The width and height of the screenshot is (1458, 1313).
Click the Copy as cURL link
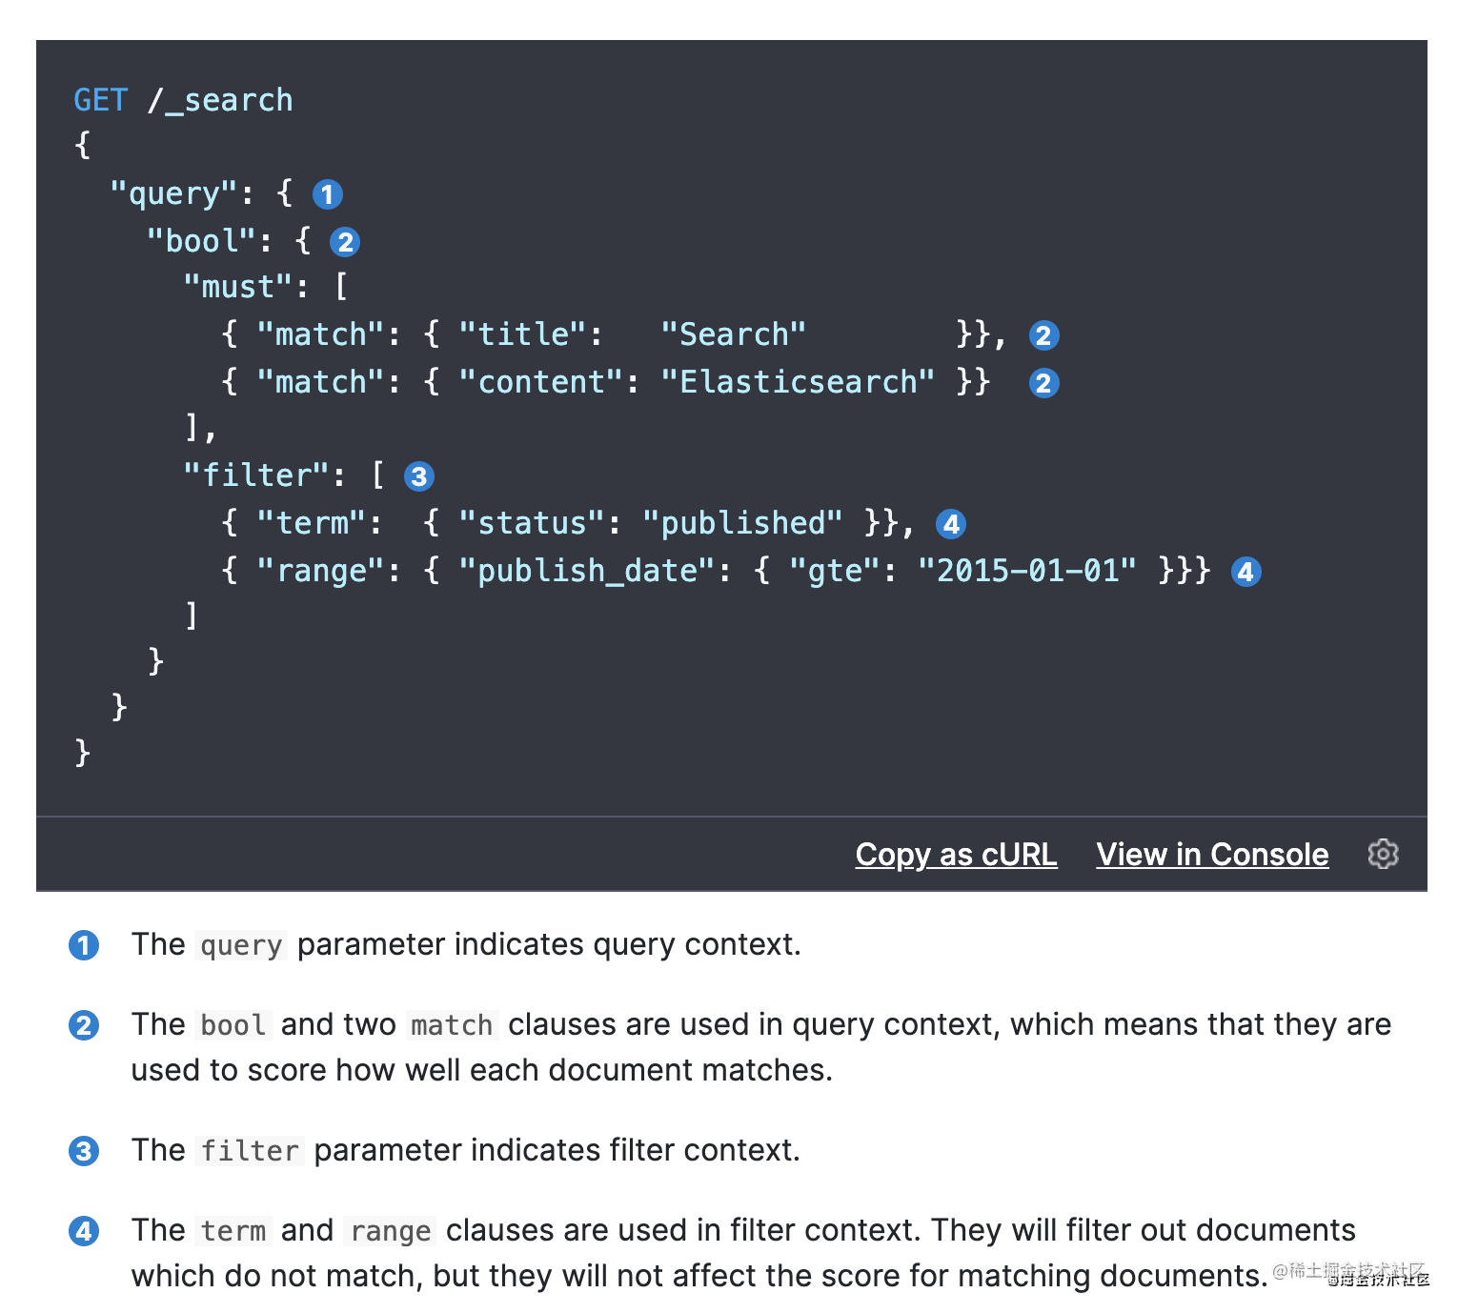click(x=956, y=855)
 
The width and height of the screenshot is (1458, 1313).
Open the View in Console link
click(x=1212, y=855)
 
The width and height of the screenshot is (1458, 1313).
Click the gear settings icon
click(x=1383, y=854)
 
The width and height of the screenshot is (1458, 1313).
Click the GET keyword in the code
click(x=100, y=100)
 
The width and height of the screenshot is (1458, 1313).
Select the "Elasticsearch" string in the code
click(x=798, y=382)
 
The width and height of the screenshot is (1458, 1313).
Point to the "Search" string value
click(x=733, y=334)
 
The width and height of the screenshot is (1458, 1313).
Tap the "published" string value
click(x=742, y=523)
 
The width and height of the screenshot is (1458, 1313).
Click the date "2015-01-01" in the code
click(x=1026, y=571)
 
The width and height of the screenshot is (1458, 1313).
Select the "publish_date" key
click(x=587, y=571)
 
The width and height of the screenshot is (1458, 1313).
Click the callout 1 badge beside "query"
click(x=328, y=194)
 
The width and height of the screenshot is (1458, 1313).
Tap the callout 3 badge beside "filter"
click(x=419, y=476)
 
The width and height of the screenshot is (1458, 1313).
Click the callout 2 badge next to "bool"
click(x=345, y=242)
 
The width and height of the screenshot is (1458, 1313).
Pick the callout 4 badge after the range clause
click(x=1246, y=572)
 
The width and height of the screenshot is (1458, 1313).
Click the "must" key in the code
click(x=237, y=287)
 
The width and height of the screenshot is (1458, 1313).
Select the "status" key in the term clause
click(x=532, y=523)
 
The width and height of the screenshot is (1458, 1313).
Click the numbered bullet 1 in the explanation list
click(x=84, y=945)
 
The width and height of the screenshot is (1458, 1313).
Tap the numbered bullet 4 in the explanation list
click(x=84, y=1231)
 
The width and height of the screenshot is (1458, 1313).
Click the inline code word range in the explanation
click(x=391, y=1231)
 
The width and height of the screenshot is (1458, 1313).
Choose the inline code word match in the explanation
click(x=452, y=1025)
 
